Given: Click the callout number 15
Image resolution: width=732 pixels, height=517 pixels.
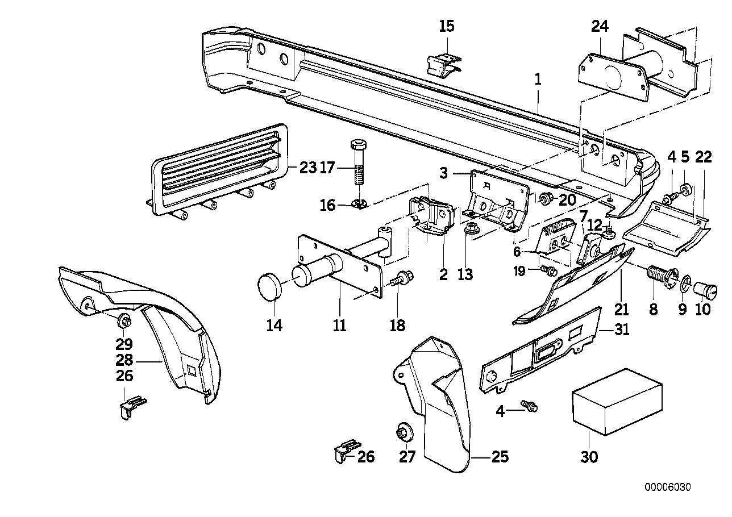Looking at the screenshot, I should click(447, 26).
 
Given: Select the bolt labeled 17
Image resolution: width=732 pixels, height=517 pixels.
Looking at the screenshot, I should click(359, 162).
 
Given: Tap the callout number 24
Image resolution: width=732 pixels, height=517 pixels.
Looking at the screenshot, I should click(599, 26).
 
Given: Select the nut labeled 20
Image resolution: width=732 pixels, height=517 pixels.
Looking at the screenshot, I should click(547, 198).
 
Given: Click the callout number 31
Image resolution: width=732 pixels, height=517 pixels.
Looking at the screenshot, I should click(621, 330).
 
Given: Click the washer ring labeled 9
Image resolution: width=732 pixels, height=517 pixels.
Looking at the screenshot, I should click(686, 281).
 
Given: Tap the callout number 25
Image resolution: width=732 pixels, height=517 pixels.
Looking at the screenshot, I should click(500, 457).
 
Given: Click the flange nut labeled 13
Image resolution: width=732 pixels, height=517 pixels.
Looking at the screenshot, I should click(470, 230).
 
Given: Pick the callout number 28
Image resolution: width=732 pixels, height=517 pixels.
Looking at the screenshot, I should click(124, 360).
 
